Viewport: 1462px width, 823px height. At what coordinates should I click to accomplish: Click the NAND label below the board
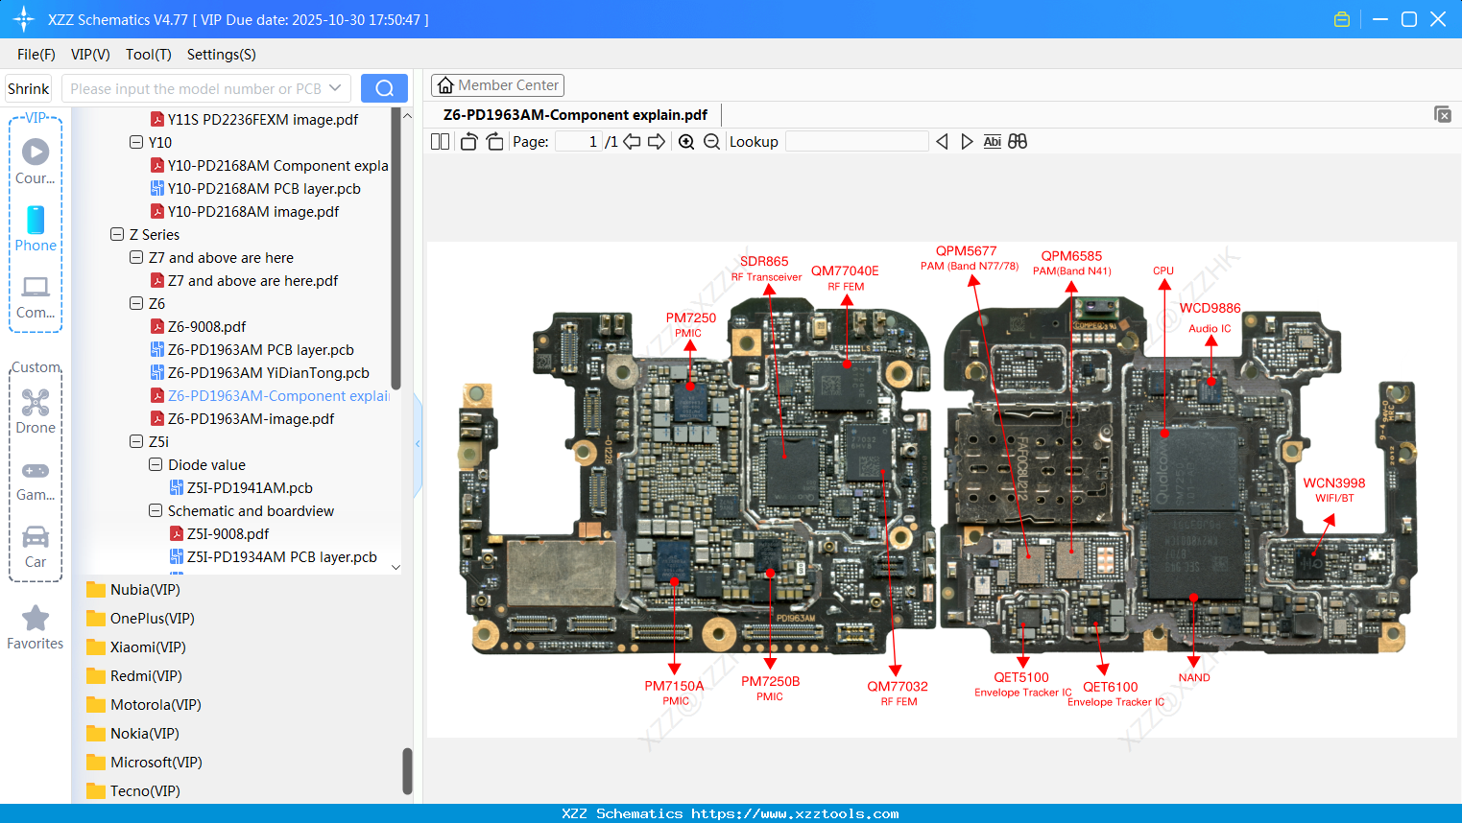point(1194,677)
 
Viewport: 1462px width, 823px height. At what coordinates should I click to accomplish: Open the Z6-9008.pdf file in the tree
point(206,327)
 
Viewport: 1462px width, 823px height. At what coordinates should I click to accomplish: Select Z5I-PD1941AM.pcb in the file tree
point(250,488)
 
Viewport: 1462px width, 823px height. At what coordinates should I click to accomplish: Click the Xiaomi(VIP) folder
point(148,647)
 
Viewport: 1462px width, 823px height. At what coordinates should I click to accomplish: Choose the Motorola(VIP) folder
point(156,705)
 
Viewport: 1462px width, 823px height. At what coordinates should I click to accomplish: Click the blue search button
point(384,88)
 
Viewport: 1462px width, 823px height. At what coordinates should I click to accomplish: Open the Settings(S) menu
point(221,55)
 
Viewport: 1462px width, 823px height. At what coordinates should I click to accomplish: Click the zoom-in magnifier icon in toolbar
point(686,142)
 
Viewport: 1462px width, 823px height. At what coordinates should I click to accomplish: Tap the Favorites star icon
point(36,619)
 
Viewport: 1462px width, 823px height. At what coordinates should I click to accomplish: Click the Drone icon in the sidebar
point(36,403)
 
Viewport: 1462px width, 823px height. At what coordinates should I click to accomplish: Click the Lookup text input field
point(856,142)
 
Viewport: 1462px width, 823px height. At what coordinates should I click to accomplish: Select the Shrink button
point(29,88)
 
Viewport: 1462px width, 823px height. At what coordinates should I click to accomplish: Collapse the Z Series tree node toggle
point(117,235)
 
